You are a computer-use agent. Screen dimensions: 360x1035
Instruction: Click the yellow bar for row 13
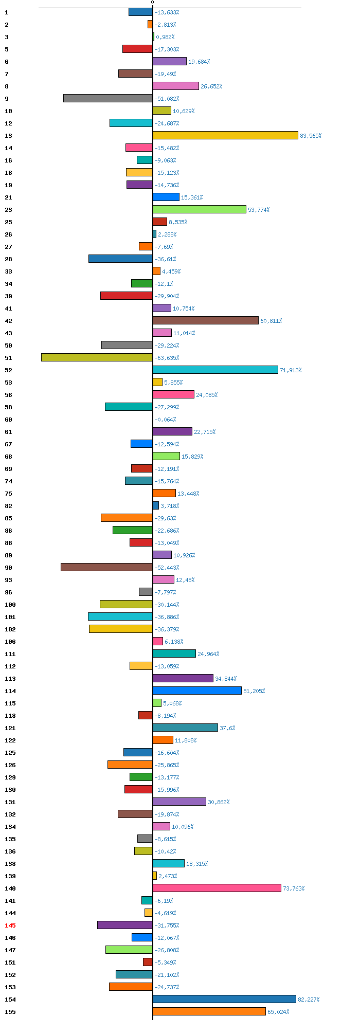[225, 135]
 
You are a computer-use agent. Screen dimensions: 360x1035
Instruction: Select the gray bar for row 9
[108, 98]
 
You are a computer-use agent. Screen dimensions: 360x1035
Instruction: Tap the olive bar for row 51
[97, 357]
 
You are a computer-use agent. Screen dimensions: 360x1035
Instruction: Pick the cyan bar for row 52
[215, 370]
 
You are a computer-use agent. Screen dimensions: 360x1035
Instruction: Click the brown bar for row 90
[106, 567]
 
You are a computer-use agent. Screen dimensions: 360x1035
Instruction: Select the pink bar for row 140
[217, 888]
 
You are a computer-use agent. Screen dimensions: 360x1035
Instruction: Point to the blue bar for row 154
[224, 999]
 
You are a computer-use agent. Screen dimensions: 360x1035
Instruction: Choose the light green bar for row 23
[200, 209]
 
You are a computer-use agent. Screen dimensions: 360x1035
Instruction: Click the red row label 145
[10, 925]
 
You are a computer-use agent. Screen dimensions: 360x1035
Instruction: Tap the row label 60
[8, 420]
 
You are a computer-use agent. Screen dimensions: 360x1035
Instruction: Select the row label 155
[10, 1012]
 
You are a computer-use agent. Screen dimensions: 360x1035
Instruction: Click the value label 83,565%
[311, 136]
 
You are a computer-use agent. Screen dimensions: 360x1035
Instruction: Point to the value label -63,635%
[167, 358]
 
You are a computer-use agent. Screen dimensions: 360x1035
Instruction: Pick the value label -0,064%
[165, 420]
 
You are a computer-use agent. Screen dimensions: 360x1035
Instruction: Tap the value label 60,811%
[271, 321]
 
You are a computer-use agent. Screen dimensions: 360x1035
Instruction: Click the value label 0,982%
[165, 37]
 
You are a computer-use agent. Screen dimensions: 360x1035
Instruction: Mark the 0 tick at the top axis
[153, 3]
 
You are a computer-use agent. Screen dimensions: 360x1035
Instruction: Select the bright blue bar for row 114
[197, 691]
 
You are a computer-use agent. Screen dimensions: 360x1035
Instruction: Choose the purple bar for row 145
[125, 925]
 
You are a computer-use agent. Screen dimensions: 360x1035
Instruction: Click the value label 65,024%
[278, 1012]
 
